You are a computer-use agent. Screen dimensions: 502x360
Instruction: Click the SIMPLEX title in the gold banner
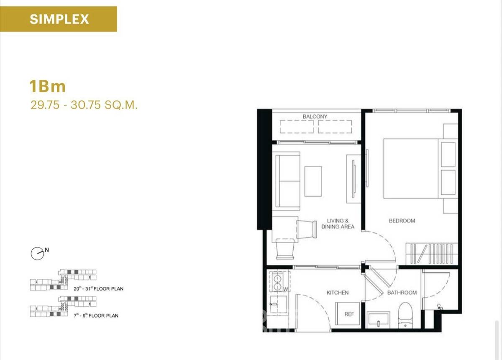tap(59, 19)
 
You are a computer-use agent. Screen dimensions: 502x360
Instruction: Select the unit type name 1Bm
tap(48, 86)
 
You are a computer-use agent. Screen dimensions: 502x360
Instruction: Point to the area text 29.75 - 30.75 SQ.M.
tap(84, 105)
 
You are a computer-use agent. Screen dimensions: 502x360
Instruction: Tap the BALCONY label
tap(315, 116)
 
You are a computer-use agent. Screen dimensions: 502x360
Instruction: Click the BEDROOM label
tap(402, 221)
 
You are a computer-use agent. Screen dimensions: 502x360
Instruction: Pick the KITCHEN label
tap(338, 293)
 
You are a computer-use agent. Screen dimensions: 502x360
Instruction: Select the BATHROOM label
tap(402, 293)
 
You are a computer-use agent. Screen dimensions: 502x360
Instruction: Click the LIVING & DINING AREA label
tap(338, 224)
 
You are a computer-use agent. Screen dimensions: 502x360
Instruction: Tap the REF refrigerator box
tap(347, 314)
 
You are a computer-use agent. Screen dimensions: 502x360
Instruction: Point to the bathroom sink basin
tap(378, 320)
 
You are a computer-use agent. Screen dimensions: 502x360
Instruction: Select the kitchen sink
tap(278, 304)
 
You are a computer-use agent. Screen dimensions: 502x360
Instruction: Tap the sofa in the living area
tap(286, 181)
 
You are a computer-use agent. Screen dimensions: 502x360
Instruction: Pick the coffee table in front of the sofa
tap(313, 181)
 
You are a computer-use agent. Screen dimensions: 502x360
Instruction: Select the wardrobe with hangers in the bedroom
tap(432, 254)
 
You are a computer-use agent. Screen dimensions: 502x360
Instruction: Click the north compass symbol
tap(37, 254)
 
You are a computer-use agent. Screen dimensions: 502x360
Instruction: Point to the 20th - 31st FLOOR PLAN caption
tap(99, 288)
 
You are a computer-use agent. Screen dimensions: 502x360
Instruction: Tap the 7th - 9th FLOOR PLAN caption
tap(96, 316)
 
